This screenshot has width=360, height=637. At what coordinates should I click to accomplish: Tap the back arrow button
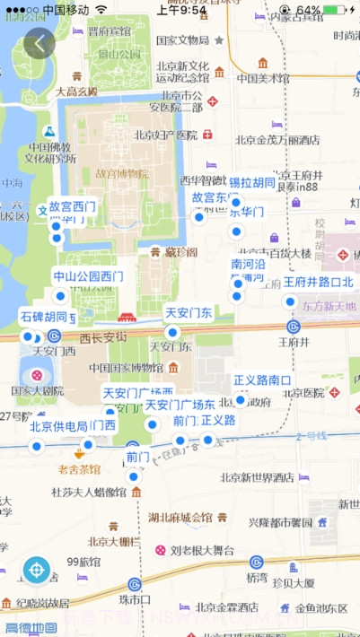39,43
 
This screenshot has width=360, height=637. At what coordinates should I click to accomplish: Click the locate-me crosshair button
37,569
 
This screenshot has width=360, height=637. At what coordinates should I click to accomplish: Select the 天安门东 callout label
189,313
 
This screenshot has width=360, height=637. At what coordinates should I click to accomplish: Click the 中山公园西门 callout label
88,276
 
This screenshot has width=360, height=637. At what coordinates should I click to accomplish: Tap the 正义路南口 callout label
262,380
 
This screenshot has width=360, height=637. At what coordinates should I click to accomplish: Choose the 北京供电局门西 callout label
73,425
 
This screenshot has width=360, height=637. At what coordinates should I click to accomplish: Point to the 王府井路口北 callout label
319,282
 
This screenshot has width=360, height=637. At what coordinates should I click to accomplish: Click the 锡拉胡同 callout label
252,183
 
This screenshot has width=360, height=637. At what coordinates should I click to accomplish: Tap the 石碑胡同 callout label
44,317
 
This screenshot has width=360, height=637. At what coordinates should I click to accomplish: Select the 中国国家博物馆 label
124,367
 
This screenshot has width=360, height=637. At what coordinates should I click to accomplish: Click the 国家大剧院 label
37,391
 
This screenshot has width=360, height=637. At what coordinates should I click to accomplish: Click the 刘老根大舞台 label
202,550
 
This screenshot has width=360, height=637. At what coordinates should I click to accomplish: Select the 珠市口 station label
135,598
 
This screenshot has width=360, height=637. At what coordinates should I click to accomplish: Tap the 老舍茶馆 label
79,468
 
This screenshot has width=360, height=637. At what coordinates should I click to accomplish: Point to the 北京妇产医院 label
165,135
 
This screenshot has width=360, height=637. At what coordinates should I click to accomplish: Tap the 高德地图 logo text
31,628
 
